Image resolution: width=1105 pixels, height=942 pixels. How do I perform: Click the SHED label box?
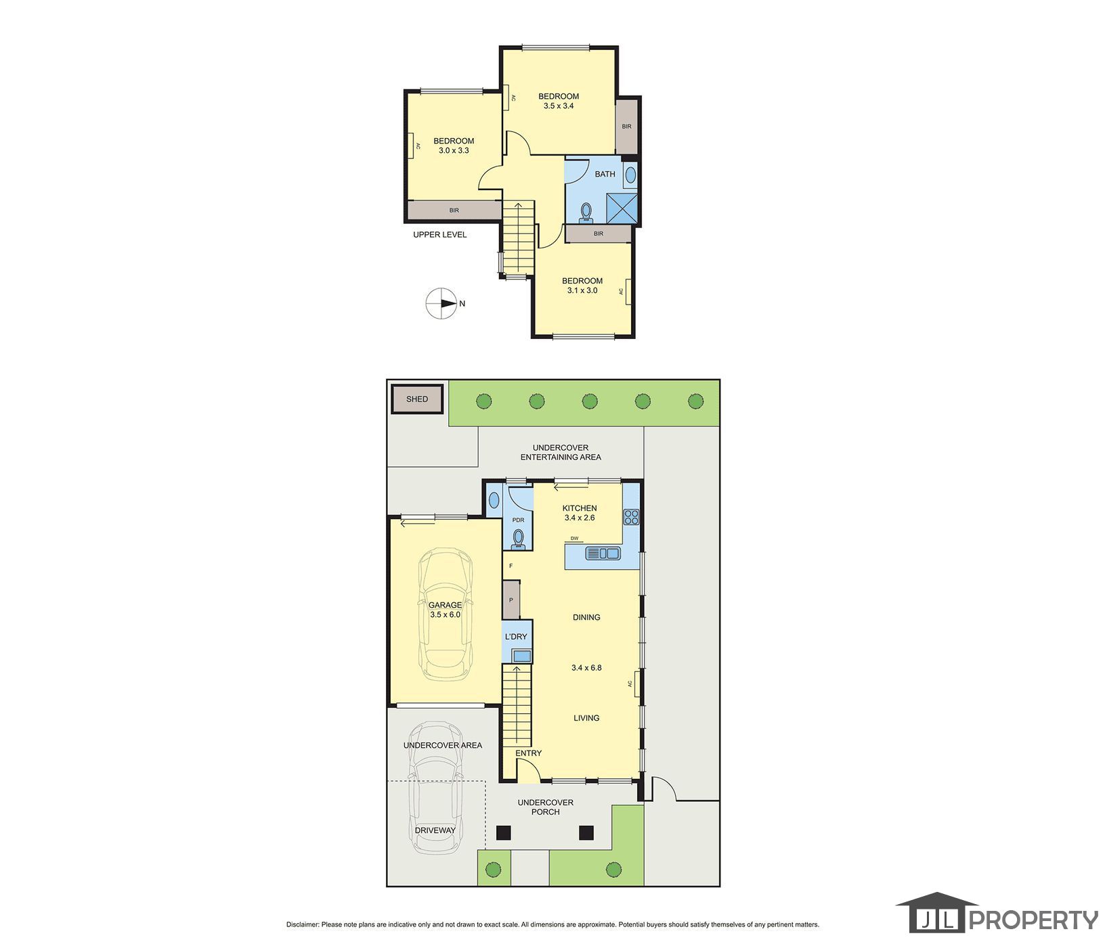(417, 399)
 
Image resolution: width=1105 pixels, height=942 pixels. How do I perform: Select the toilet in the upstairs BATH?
(586, 212)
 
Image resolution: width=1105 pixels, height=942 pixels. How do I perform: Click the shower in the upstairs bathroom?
(622, 207)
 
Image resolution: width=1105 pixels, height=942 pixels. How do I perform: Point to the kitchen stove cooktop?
(632, 517)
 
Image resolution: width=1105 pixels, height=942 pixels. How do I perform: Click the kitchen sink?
(603, 553)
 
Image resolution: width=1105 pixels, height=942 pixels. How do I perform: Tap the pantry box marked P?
(511, 600)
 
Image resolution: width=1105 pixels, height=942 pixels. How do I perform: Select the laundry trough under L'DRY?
(521, 655)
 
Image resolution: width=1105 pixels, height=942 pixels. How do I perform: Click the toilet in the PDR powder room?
(519, 538)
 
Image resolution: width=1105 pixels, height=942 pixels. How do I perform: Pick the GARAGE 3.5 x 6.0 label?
(445, 610)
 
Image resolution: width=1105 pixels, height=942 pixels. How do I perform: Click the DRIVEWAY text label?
(435, 830)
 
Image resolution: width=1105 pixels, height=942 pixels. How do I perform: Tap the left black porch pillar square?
(502, 832)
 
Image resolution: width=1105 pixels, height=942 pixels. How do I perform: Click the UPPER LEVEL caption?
(440, 235)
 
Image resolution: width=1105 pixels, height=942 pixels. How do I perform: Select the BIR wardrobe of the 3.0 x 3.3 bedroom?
(454, 210)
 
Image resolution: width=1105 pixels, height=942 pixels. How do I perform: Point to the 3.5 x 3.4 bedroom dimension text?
(559, 106)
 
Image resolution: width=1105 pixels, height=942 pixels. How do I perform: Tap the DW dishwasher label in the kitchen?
(574, 539)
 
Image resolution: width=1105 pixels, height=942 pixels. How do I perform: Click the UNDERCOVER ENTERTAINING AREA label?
(561, 452)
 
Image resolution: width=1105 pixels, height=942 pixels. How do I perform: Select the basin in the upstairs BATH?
(630, 176)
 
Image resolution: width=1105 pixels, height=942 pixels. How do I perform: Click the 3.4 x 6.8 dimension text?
(586, 667)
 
